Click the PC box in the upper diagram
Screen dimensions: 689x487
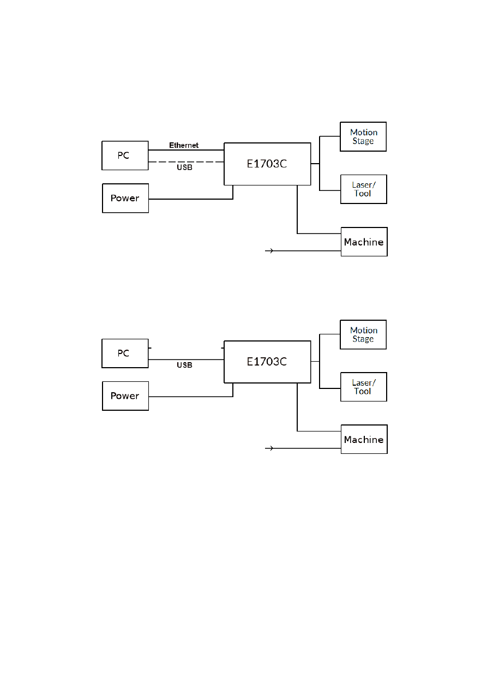125,155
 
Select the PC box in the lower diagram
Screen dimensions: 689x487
125,354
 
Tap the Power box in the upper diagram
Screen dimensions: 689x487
125,198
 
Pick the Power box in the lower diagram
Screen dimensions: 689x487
125,396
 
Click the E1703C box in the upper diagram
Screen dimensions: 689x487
267,164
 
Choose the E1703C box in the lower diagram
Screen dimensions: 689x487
267,362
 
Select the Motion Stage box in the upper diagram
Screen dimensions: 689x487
363,136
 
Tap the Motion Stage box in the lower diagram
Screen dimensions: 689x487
363,334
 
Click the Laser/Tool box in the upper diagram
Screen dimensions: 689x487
363,189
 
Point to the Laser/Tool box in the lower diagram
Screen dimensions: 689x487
363,387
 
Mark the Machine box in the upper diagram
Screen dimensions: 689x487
364,242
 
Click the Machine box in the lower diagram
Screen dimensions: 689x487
364,439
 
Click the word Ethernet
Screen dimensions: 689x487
184,146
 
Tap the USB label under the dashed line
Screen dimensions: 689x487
184,167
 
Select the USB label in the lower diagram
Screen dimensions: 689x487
184,366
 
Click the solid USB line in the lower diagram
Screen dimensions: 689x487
186,360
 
